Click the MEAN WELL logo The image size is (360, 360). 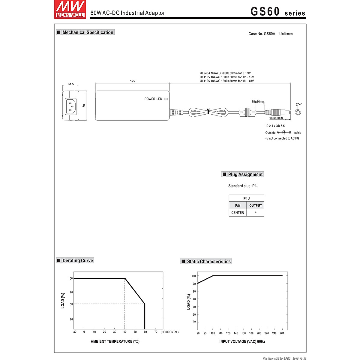coord(70,9)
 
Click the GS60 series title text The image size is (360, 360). coord(278,11)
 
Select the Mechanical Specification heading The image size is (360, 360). coord(85,32)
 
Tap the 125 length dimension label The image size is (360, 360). coord(133,81)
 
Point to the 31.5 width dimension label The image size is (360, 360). coord(71,84)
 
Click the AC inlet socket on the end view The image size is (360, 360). coord(71,106)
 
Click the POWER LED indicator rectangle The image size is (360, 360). coord(166,99)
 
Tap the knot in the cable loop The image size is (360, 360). coord(208,111)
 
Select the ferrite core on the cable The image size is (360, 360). coord(247,112)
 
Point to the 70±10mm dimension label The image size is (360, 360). coord(258,102)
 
